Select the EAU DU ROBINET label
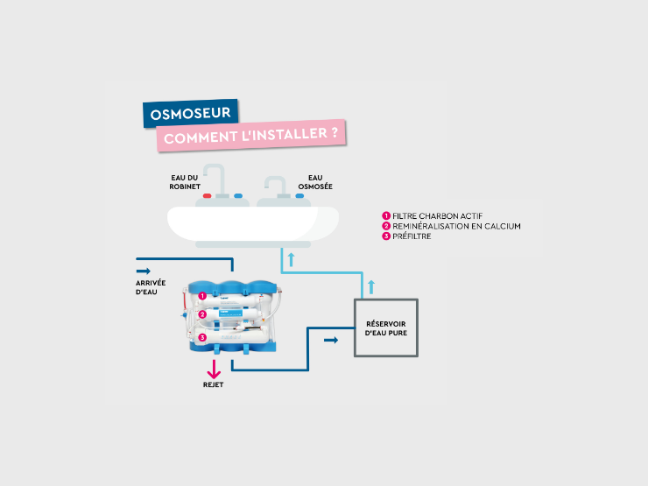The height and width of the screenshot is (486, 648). tap(185, 181)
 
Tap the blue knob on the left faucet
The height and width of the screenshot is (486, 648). tap(237, 197)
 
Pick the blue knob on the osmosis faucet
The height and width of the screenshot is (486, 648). tap(299, 197)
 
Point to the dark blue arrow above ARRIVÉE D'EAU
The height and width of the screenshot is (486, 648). tap(144, 271)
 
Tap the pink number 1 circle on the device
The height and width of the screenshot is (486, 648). tap(201, 296)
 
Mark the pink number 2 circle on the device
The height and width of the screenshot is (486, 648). tap(201, 314)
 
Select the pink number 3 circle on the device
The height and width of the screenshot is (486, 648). tap(201, 337)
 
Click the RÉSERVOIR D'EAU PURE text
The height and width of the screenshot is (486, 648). tap(386, 328)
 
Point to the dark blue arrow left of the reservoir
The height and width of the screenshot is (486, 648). tap(330, 340)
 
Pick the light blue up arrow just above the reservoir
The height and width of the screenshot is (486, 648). tap(371, 285)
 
